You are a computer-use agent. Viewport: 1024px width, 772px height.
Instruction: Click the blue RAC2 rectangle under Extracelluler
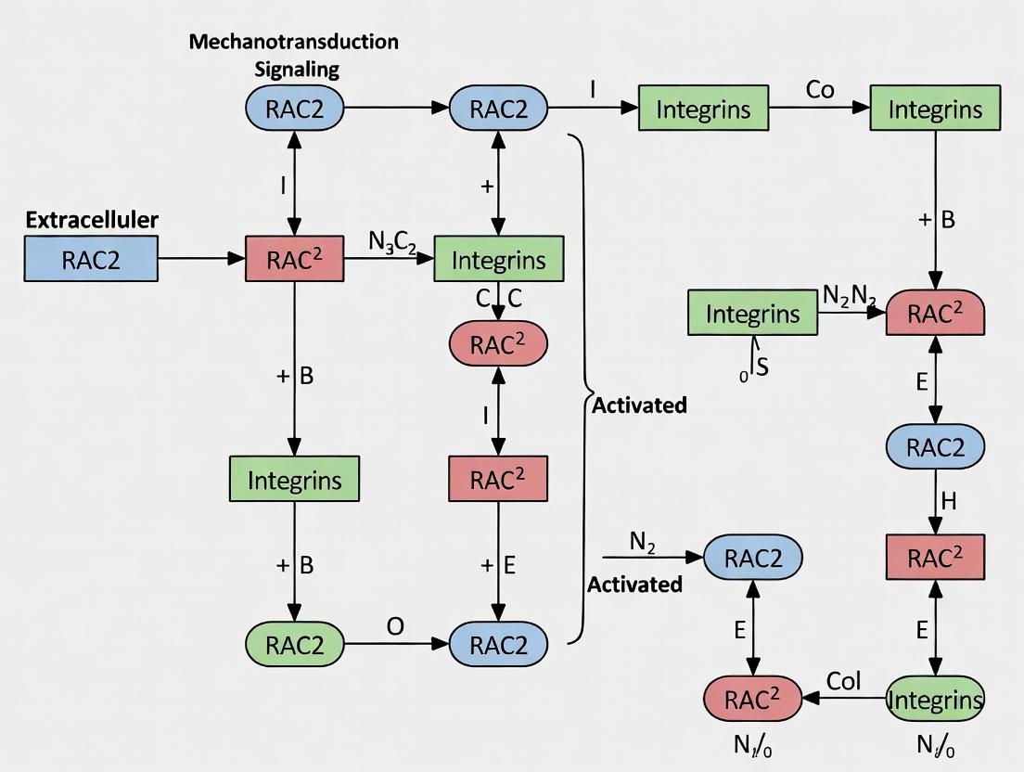click(x=91, y=259)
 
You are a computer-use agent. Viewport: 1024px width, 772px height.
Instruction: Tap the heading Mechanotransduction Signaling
click(x=294, y=56)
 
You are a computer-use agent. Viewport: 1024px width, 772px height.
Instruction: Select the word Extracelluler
click(x=92, y=220)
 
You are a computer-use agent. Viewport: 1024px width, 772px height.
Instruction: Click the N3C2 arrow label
click(x=391, y=242)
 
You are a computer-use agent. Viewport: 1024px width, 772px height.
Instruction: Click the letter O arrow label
click(x=395, y=626)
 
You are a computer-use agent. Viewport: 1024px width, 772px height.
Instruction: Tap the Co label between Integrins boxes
click(x=820, y=90)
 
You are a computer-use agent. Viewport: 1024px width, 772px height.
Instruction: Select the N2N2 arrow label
click(x=850, y=296)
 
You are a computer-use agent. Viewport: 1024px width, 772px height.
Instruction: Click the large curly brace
click(x=584, y=390)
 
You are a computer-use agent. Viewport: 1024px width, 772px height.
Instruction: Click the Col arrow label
click(x=844, y=682)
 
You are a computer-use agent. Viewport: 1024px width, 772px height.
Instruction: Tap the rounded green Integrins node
click(x=935, y=700)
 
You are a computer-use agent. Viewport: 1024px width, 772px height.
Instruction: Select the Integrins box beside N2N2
click(x=752, y=313)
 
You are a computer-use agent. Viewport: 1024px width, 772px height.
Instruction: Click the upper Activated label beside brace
click(x=640, y=405)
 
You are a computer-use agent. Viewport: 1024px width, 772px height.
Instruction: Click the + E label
click(x=498, y=565)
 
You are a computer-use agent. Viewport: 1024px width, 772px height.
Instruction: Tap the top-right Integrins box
click(x=935, y=109)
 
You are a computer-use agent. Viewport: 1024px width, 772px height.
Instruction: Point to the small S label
click(x=762, y=366)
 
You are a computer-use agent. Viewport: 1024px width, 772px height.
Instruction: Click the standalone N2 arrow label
click(x=642, y=543)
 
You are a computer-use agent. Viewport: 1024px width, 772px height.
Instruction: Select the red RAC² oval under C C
click(x=498, y=345)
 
